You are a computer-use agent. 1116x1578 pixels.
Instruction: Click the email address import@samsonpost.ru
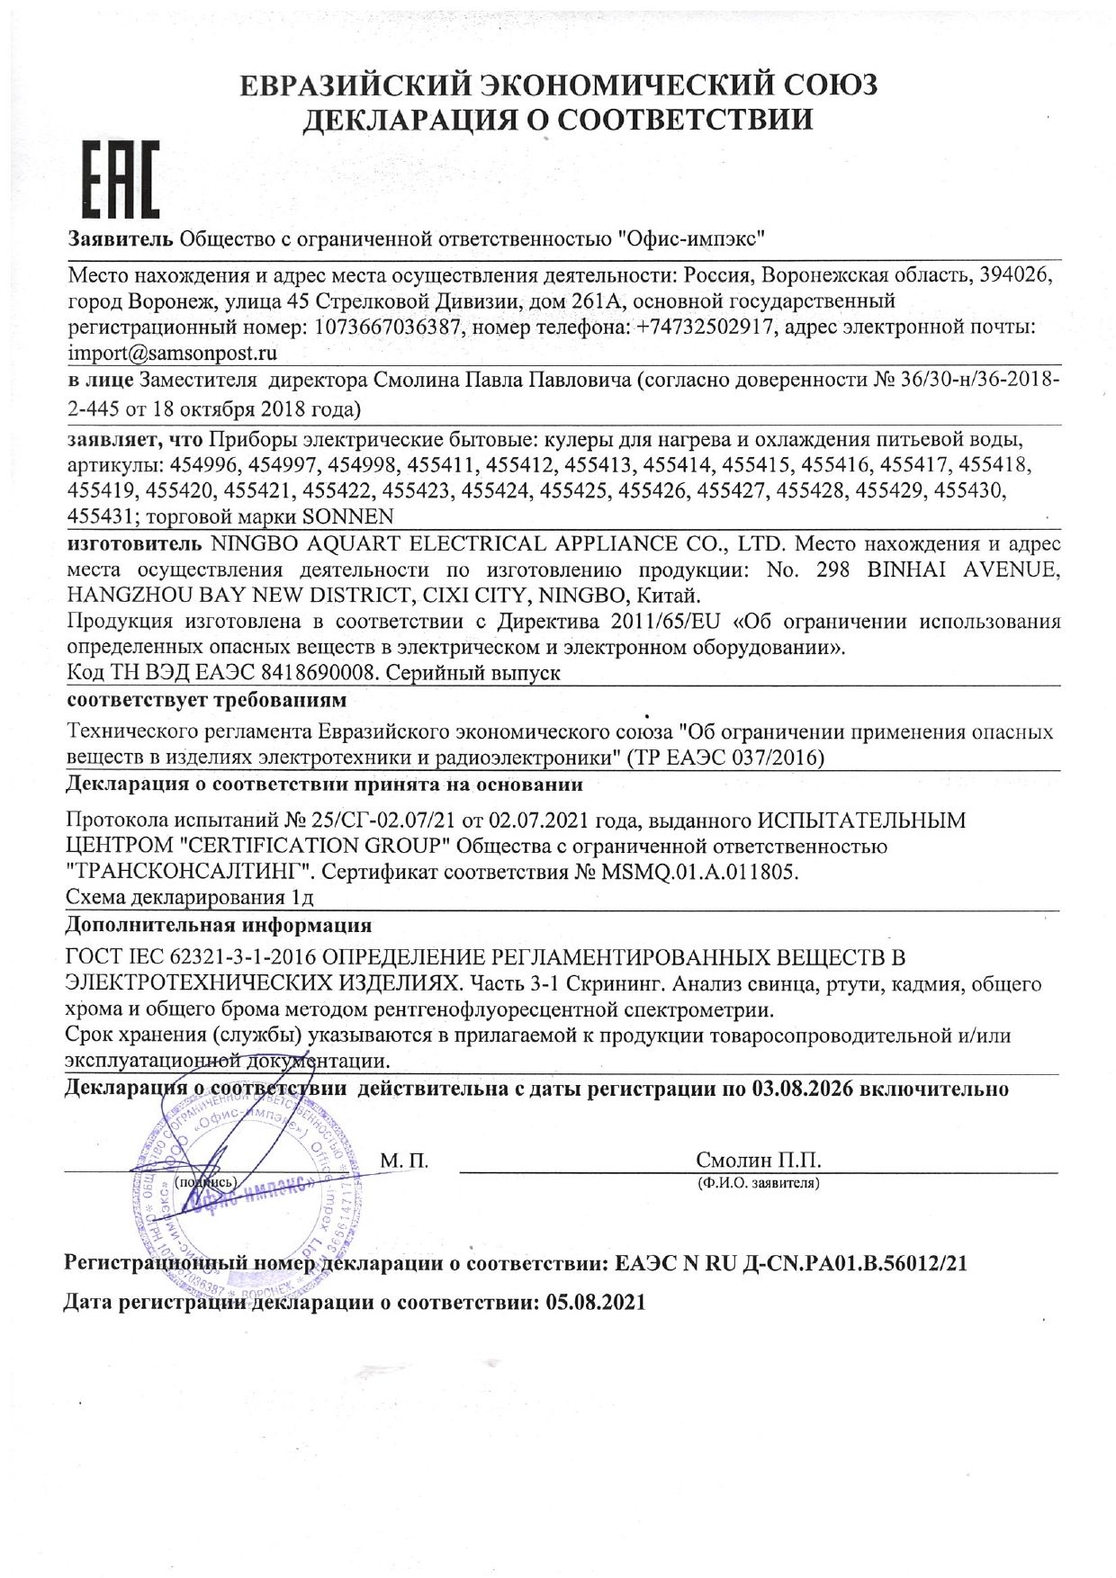click(173, 353)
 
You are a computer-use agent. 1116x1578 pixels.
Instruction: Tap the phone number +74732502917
click(706, 327)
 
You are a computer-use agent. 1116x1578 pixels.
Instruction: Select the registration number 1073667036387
click(388, 327)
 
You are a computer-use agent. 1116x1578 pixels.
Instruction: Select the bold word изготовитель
click(135, 543)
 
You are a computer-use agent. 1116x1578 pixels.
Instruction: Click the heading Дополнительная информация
click(219, 925)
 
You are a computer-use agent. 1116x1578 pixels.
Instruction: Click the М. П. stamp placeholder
click(404, 1161)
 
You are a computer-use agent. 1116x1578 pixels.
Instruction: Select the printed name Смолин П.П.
click(758, 1160)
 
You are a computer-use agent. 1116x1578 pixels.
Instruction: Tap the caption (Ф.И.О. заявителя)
click(758, 1183)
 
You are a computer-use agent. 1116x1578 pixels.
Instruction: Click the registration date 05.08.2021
click(596, 1302)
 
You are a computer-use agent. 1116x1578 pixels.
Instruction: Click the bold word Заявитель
click(121, 239)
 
